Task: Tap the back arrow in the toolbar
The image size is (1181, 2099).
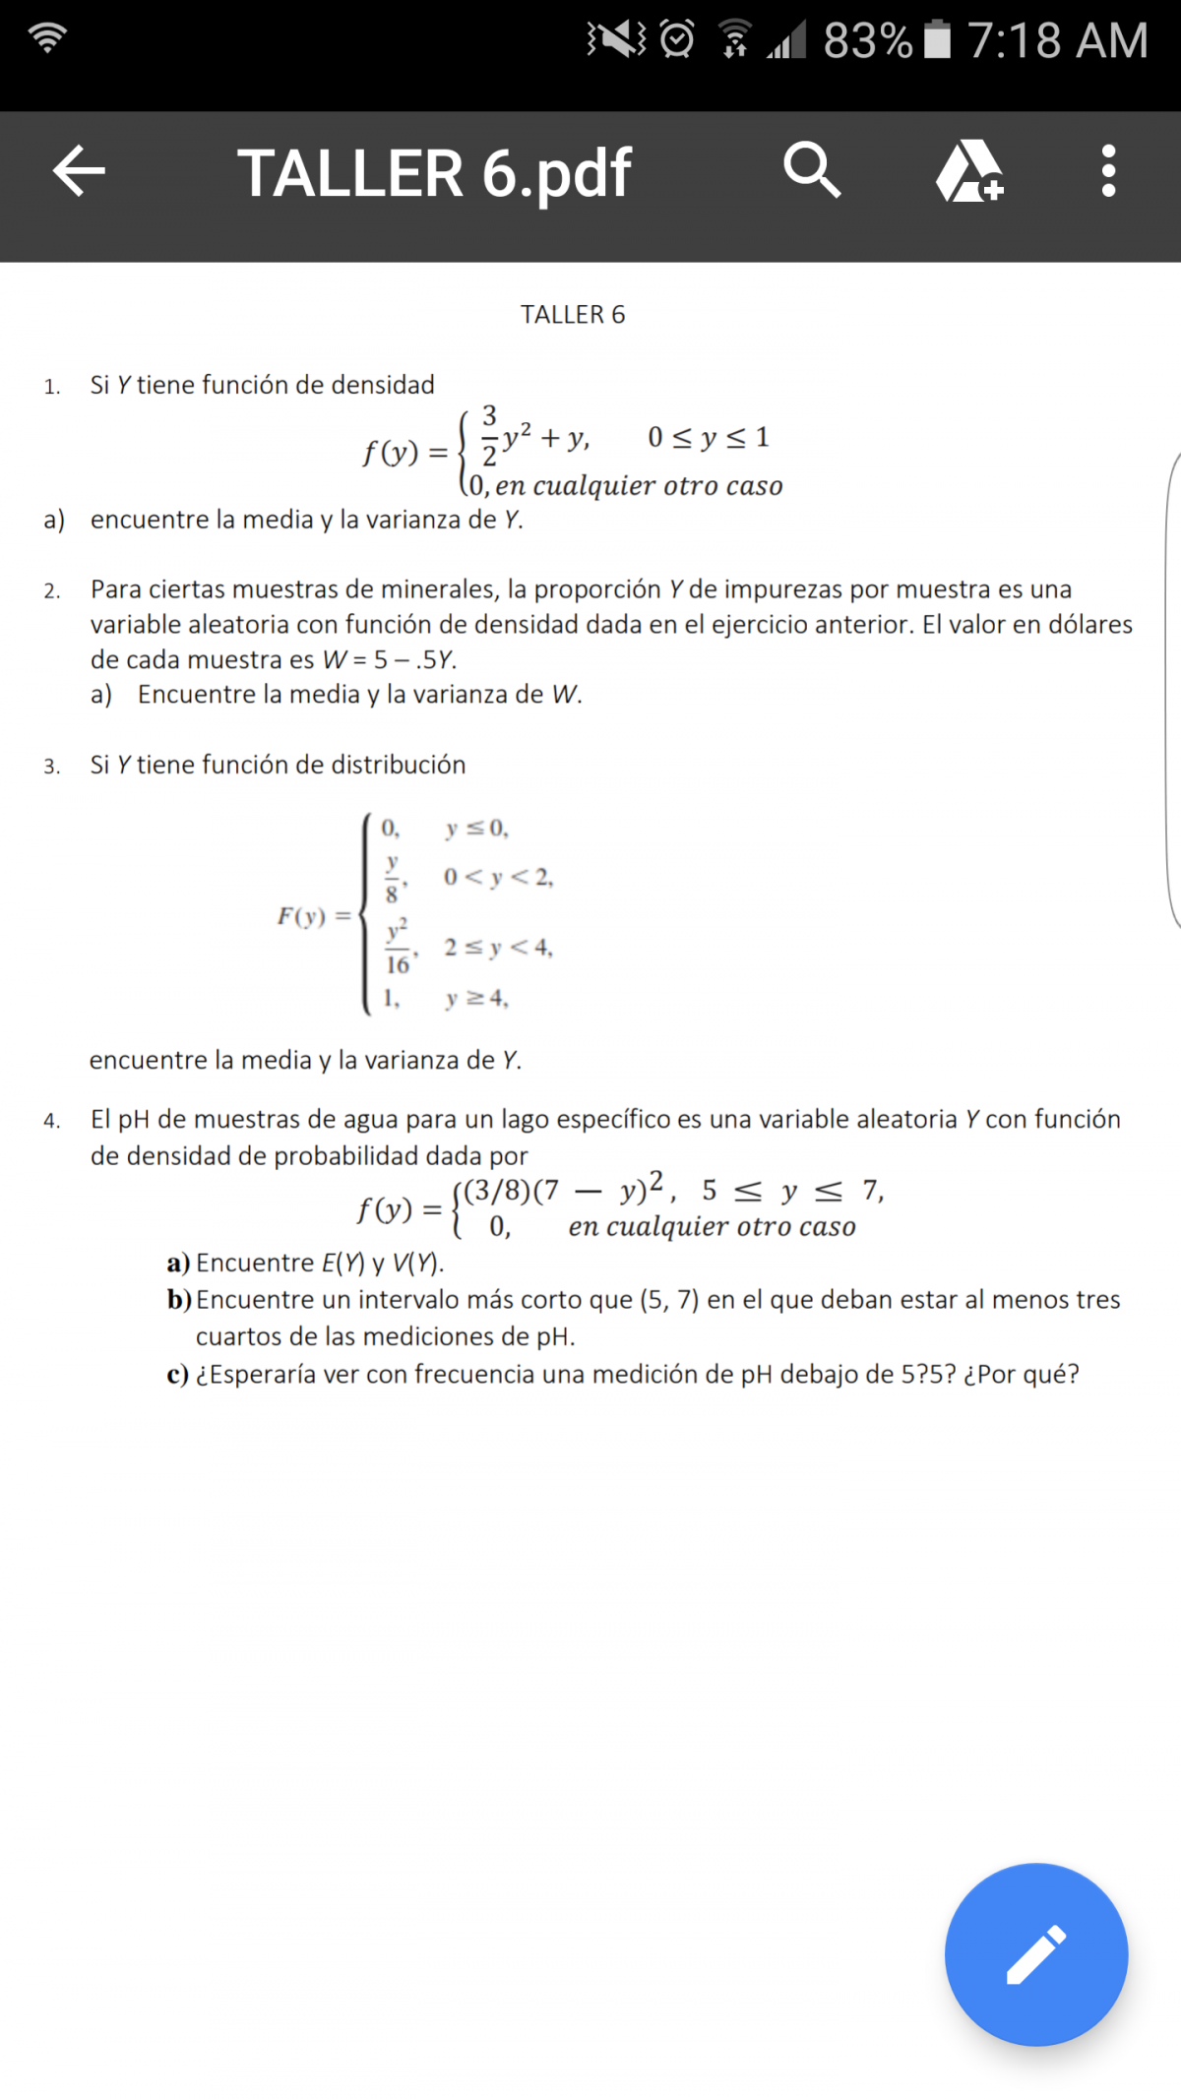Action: tap(79, 171)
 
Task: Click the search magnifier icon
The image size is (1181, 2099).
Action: tap(812, 170)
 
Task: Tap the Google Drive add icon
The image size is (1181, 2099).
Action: tap(969, 171)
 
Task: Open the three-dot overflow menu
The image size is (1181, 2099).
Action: tap(1108, 171)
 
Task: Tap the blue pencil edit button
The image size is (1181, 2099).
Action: tap(1035, 1953)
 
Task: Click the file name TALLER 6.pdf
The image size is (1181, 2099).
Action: tap(434, 173)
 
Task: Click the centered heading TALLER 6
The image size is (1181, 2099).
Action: tap(573, 315)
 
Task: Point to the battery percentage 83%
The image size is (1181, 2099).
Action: tap(867, 41)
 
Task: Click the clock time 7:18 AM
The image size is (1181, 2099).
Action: tap(1057, 41)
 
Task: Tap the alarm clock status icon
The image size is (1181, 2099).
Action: tap(677, 39)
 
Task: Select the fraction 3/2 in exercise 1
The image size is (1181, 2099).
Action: tap(489, 435)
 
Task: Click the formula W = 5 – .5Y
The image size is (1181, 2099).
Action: tap(390, 659)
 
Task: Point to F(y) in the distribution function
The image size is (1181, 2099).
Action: tap(301, 916)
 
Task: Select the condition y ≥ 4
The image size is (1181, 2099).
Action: tap(476, 998)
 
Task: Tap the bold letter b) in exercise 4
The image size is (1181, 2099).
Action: tap(179, 1300)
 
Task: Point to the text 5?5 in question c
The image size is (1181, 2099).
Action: tap(927, 1374)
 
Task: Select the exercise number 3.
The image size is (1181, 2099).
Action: tap(52, 766)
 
